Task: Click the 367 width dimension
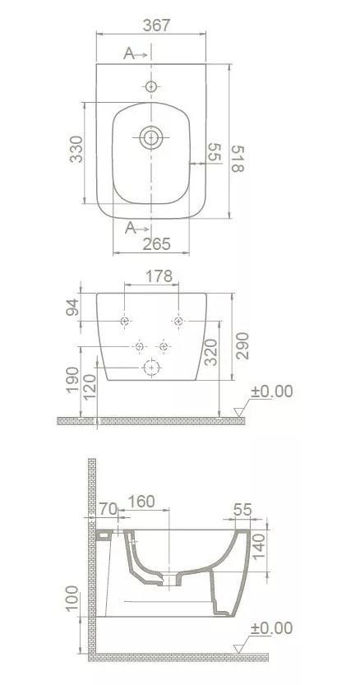(156, 25)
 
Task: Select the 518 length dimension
(238, 159)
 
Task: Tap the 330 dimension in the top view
(76, 149)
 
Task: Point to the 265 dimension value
(156, 244)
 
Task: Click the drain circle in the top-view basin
(151, 137)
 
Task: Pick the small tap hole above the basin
(151, 86)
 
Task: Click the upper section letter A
(129, 53)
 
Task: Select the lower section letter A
(130, 228)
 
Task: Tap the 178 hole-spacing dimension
(159, 276)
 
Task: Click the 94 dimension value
(72, 307)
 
